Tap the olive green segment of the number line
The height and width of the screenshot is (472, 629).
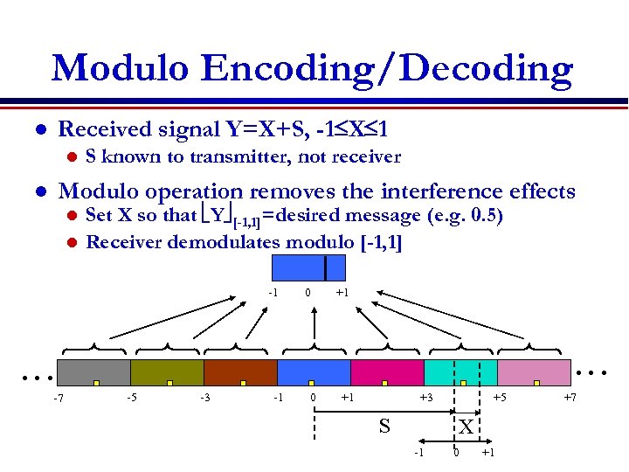[166, 371]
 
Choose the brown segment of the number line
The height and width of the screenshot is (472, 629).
[239, 371]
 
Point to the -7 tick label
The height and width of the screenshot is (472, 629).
[57, 400]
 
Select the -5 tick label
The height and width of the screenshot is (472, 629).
[130, 399]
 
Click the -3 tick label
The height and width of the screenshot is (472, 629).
[204, 399]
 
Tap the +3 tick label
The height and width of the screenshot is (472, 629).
[425, 399]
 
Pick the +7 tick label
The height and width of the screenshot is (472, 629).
[570, 399]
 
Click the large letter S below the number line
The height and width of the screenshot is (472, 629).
[384, 427]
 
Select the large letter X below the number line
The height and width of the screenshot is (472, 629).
[467, 427]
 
